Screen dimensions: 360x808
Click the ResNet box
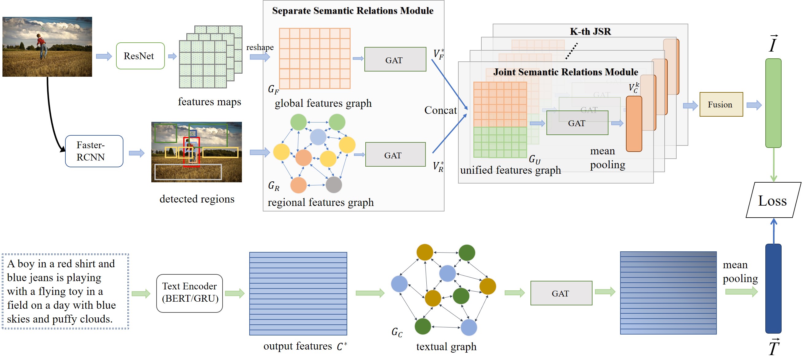pyautogui.click(x=140, y=56)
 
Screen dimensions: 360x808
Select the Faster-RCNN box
pyautogui.click(x=94, y=151)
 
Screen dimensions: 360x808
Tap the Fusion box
pyautogui.click(x=721, y=104)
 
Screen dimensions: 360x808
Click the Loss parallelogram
pyautogui.click(x=773, y=200)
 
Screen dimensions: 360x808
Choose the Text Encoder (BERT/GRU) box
pyautogui.click(x=189, y=293)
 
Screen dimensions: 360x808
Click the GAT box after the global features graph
pyautogui.click(x=395, y=60)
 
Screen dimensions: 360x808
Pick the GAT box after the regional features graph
pyautogui.click(x=395, y=155)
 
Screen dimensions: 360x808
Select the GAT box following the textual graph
pyautogui.click(x=561, y=293)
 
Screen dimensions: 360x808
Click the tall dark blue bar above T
pyautogui.click(x=773, y=288)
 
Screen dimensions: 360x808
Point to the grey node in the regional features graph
pyautogui.click(x=333, y=185)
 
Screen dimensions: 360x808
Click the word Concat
pyautogui.click(x=440, y=110)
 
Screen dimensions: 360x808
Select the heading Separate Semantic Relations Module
pyautogui.click(x=352, y=11)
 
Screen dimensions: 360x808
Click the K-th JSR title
pyautogui.click(x=590, y=31)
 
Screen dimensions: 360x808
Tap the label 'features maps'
pyautogui.click(x=209, y=102)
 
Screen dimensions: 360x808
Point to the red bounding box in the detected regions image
pyautogui.click(x=191, y=153)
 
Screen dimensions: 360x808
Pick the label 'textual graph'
pyautogui.click(x=446, y=346)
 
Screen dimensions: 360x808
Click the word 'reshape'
pyautogui.click(x=260, y=47)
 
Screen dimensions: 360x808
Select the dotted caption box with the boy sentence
pyautogui.click(x=65, y=291)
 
